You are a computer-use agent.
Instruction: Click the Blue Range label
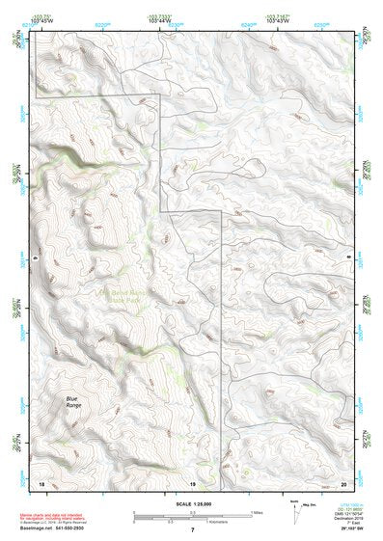(x=72, y=401)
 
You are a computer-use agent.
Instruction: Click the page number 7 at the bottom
(x=192, y=530)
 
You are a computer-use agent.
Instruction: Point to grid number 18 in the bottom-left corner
(x=41, y=482)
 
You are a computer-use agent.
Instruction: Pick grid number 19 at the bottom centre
(x=192, y=482)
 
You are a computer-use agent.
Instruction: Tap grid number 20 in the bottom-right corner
(x=342, y=482)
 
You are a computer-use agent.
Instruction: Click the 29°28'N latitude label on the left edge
(x=17, y=176)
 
